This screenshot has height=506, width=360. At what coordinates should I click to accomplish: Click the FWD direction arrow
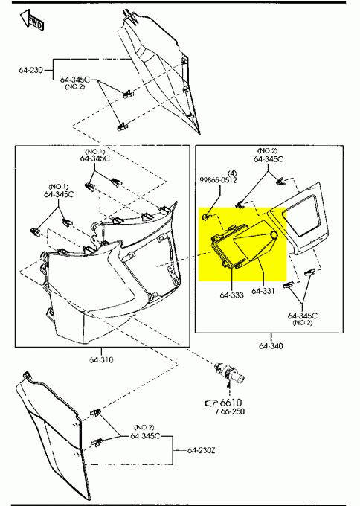coord(31,20)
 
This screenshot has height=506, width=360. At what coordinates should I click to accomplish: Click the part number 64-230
coord(30,70)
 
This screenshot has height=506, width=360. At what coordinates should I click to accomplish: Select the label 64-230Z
coord(202,450)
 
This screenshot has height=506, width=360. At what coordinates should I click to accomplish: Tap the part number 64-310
coord(101,360)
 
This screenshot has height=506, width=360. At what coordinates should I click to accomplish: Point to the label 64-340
coord(271,346)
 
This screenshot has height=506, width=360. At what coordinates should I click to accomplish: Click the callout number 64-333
coord(231,295)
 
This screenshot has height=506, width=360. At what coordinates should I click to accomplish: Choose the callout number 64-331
coord(263,291)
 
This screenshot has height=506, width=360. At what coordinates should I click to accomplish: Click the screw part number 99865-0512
coord(218,180)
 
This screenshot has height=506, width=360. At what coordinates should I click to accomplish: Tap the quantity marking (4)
coord(232,173)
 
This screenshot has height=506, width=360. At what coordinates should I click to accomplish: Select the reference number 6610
coord(231,403)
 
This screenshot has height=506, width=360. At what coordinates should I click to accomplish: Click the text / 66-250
coord(230,411)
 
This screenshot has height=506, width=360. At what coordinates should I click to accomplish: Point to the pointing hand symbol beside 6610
coord(211,403)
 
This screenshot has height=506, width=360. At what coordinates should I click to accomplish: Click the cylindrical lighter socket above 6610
coord(230,373)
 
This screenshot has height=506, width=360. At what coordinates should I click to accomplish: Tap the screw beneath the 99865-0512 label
coord(206,217)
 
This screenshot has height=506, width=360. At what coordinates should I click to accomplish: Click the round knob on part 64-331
coord(274,235)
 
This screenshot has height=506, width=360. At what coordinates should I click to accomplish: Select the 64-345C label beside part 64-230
coord(75,80)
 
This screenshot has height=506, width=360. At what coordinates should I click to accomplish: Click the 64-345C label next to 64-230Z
coord(145,436)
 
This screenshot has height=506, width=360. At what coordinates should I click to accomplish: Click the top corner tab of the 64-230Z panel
coord(27,375)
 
